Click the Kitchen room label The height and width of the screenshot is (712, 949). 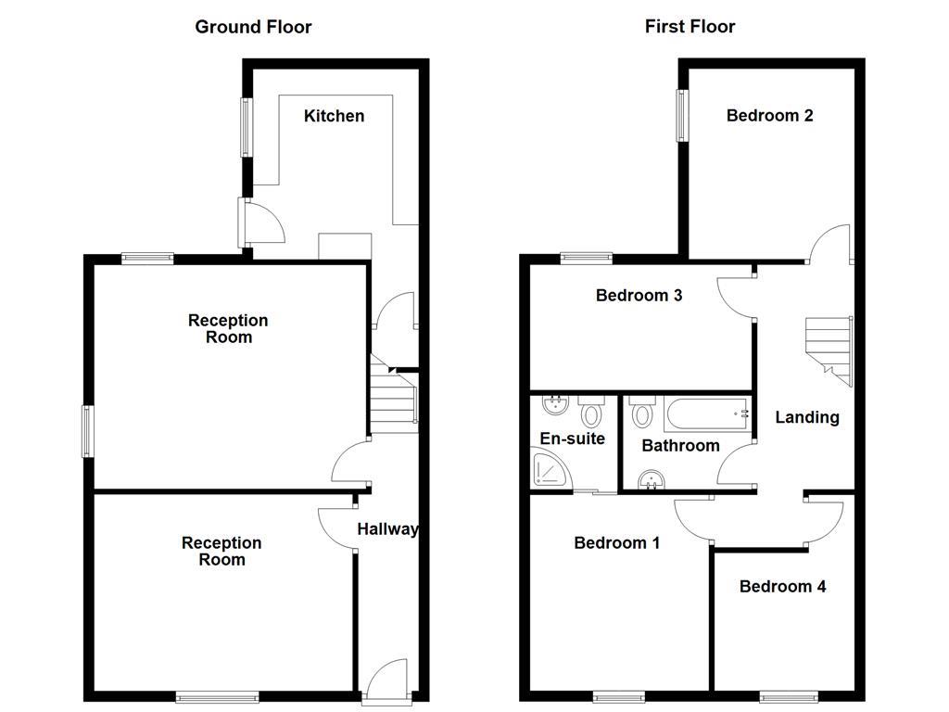click(334, 116)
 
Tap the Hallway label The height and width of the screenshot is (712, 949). click(387, 529)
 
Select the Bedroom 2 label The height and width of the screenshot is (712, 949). click(769, 116)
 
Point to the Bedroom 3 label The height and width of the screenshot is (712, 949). click(639, 296)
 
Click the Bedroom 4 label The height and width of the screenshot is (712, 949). click(782, 586)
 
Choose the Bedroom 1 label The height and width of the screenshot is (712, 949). click(616, 542)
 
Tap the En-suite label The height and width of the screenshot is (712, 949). click(572, 439)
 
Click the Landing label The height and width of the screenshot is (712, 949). click(807, 417)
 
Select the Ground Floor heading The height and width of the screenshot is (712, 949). click(253, 27)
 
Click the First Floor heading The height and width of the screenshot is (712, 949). click(690, 27)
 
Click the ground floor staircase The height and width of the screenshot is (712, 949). click(393, 400)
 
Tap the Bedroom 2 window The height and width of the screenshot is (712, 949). click(682, 116)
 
